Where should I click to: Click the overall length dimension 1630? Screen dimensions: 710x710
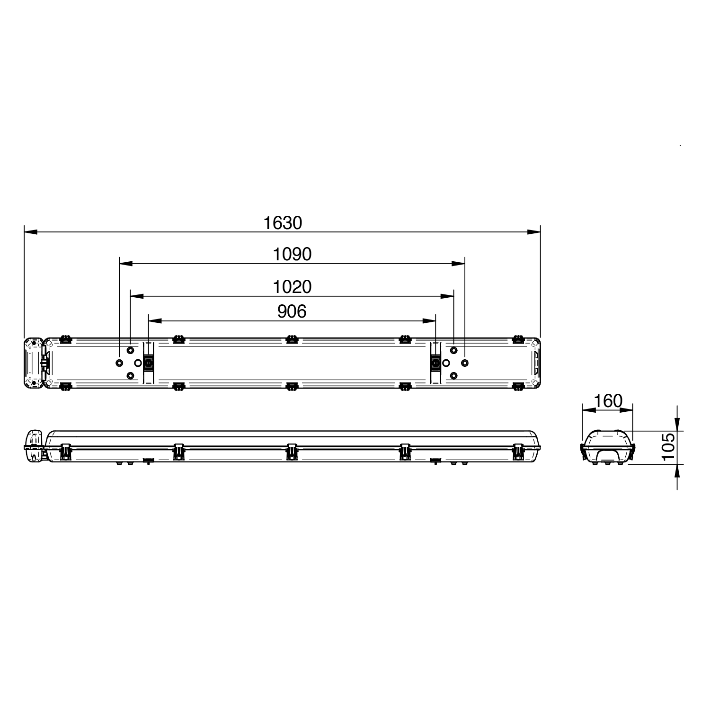click(282, 223)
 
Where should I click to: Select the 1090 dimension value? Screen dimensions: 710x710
click(292, 255)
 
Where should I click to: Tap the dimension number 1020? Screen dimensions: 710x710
click(292, 287)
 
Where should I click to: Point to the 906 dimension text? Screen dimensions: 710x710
click(292, 311)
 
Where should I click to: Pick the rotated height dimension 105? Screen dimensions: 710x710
click(667, 447)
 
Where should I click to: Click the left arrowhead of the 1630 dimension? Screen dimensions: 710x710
click(30, 232)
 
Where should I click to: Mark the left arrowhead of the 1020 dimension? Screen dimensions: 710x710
click(136, 296)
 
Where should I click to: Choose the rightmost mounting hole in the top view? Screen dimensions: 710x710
click(465, 363)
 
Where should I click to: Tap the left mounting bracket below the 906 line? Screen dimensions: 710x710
click(149, 363)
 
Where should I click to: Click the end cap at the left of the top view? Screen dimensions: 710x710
click(34, 363)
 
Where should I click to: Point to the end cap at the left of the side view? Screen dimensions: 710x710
click(34, 446)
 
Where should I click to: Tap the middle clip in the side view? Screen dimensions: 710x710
click(292, 452)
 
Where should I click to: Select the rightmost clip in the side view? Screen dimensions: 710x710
click(518, 452)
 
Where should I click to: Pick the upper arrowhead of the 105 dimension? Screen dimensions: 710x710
click(677, 426)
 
